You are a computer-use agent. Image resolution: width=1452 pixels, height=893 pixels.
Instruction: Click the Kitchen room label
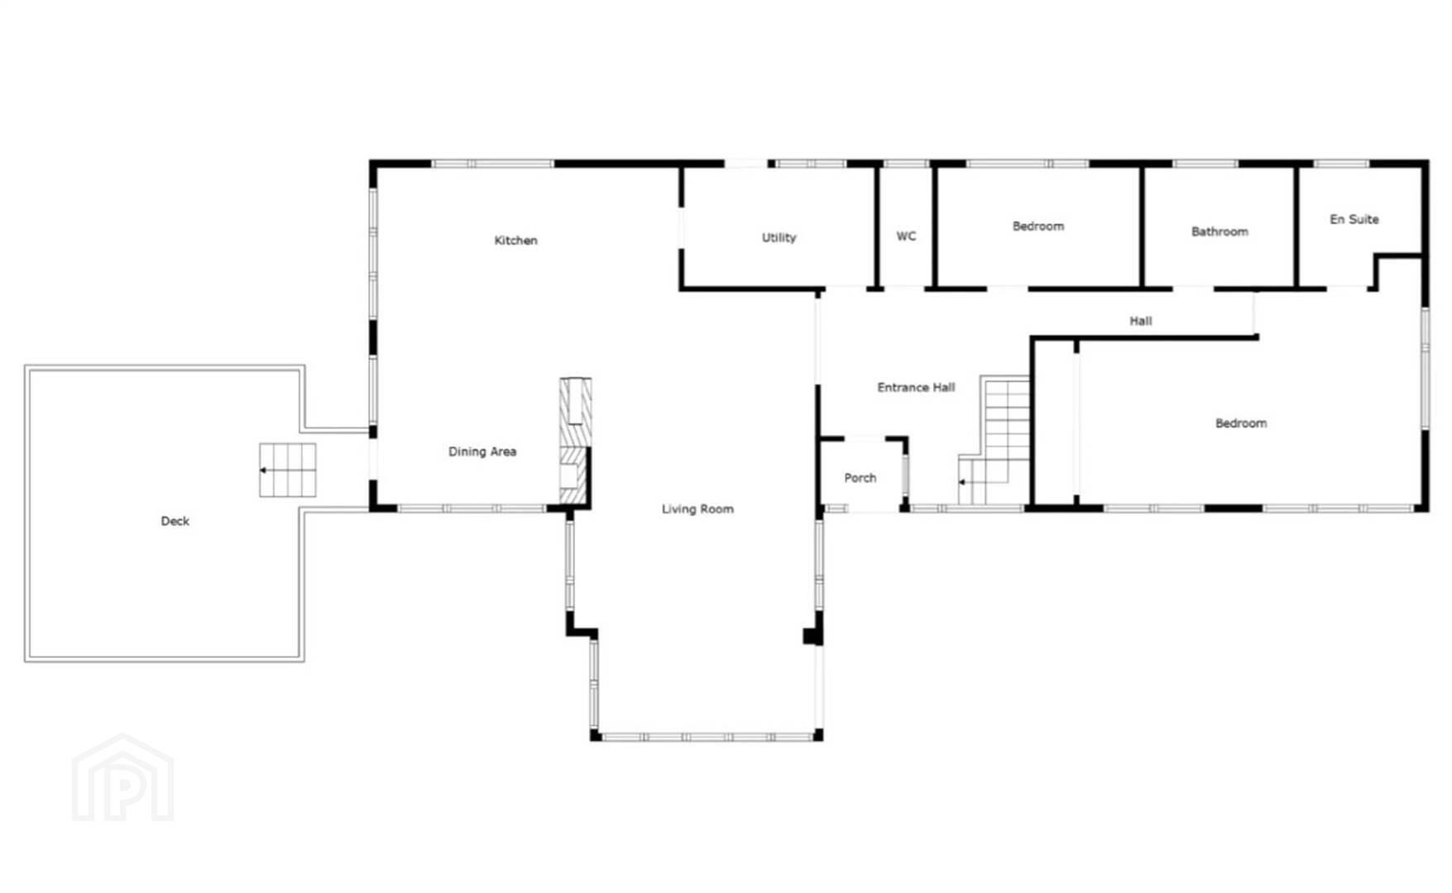click(x=515, y=241)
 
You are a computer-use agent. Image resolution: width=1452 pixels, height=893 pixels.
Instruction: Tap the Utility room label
click(x=779, y=238)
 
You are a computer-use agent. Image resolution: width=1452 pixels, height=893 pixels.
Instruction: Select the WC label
click(x=906, y=236)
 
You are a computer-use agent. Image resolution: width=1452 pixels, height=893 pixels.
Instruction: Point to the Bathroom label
click(x=1220, y=232)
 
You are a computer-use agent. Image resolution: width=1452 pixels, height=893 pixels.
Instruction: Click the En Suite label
click(x=1354, y=219)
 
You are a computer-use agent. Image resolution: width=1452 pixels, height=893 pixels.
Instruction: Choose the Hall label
click(x=1141, y=321)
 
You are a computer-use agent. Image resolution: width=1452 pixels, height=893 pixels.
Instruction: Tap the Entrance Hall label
click(x=916, y=387)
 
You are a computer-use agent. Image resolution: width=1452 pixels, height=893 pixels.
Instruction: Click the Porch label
click(x=860, y=478)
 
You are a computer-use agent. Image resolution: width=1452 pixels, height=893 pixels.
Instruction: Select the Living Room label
click(x=697, y=509)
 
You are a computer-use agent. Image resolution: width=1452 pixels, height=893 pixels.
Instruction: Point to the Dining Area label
click(x=482, y=451)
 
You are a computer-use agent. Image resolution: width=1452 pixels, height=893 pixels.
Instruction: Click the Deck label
click(x=175, y=521)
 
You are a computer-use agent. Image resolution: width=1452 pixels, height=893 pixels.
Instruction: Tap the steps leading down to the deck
click(x=287, y=470)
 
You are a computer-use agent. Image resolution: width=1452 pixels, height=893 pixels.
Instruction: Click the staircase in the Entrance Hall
click(x=994, y=440)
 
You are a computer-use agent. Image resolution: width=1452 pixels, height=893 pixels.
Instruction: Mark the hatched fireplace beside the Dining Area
click(x=576, y=441)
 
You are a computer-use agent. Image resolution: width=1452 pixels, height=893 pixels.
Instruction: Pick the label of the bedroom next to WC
click(x=1038, y=227)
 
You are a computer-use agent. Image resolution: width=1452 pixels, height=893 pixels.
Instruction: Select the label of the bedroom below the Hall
click(x=1241, y=423)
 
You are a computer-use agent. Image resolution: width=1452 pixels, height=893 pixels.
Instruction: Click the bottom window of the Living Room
click(x=707, y=737)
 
